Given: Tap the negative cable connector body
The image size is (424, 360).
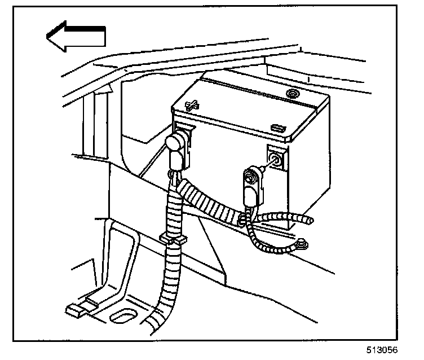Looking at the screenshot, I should point(250,186).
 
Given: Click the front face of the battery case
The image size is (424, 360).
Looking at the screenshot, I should point(237,169).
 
